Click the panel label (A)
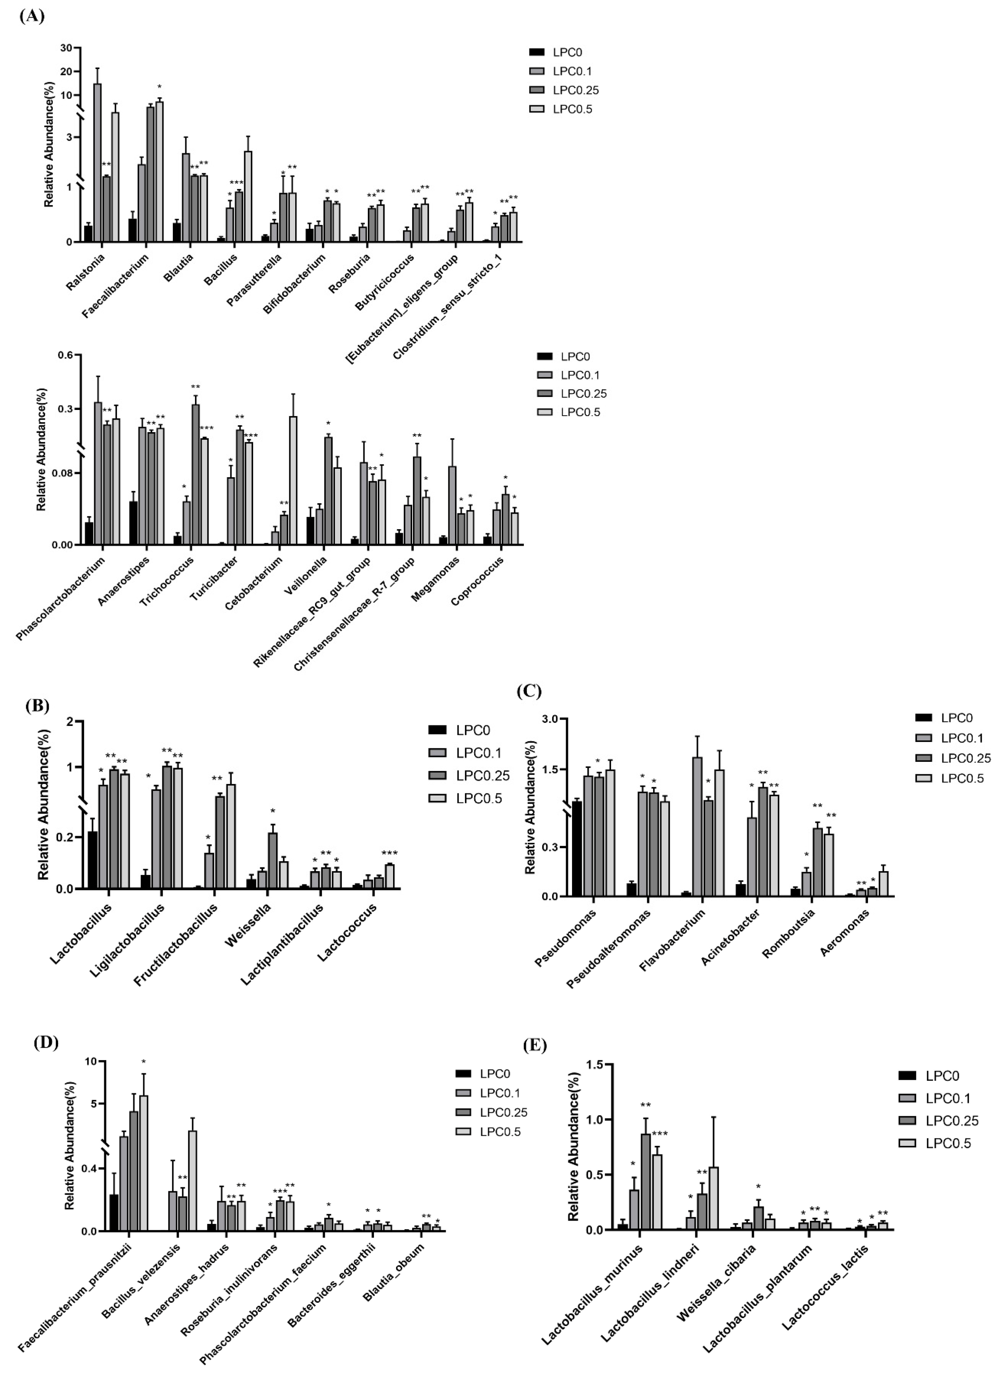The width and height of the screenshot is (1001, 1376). click(x=31, y=16)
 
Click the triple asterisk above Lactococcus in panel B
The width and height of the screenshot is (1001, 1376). click(x=389, y=854)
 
